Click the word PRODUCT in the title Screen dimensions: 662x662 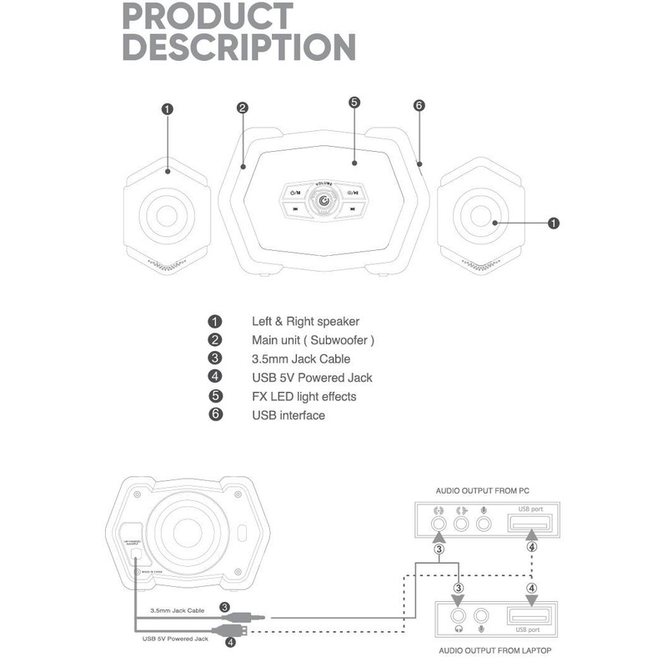click(x=208, y=17)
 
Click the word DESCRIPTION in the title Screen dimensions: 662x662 click(x=238, y=47)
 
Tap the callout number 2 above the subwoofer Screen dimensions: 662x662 click(x=242, y=108)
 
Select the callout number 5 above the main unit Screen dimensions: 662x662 click(x=354, y=103)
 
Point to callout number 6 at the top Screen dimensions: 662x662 click(x=419, y=106)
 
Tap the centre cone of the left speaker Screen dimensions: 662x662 click(x=168, y=213)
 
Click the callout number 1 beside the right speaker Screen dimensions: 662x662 click(x=554, y=223)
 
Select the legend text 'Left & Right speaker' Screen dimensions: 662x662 click(x=305, y=321)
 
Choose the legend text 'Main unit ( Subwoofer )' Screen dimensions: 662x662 click(x=313, y=340)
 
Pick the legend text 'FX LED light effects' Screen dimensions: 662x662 click(x=303, y=396)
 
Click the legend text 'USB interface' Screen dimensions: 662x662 click(x=288, y=415)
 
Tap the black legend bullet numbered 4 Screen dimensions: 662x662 click(x=215, y=378)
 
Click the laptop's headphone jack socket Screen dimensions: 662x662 click(x=458, y=616)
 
